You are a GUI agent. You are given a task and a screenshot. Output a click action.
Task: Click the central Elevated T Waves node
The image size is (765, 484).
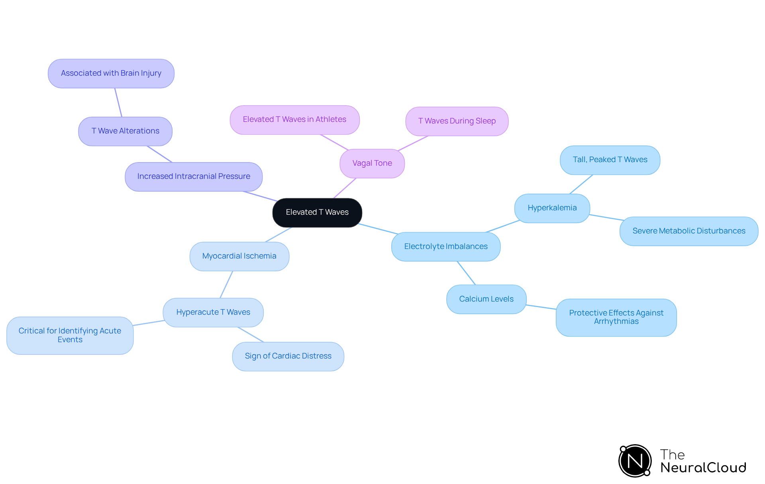[x=317, y=212]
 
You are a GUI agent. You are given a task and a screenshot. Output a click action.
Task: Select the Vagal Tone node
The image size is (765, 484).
[x=372, y=163]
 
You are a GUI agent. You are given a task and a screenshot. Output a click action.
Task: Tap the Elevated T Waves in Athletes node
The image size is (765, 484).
[x=294, y=120]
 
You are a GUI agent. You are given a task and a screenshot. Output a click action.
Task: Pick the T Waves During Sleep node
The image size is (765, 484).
[x=457, y=121]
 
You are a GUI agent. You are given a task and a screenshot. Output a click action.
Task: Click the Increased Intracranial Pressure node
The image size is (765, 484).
[x=194, y=176]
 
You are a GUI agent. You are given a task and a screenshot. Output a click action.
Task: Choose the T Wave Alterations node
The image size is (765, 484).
[x=125, y=131]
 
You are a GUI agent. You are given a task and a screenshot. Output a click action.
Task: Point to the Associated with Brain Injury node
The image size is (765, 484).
[x=111, y=73]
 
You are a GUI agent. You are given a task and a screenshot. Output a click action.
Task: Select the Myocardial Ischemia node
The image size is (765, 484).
[x=239, y=256]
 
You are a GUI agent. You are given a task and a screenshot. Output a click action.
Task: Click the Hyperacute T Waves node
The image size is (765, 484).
[x=213, y=312]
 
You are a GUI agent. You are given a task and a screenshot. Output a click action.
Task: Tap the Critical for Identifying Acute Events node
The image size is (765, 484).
[x=70, y=335]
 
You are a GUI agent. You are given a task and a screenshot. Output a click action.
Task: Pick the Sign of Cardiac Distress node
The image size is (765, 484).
[x=288, y=356]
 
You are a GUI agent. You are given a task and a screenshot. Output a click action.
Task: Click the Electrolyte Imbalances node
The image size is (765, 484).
[x=445, y=247]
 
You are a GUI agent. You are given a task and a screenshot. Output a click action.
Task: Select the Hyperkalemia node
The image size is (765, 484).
[x=552, y=208]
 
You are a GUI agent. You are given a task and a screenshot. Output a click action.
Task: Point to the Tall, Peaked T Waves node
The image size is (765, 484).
[x=610, y=160]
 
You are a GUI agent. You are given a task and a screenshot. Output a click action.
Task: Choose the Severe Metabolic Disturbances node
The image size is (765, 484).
[x=688, y=231]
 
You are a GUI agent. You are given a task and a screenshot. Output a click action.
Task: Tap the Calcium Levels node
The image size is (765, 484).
[x=486, y=299]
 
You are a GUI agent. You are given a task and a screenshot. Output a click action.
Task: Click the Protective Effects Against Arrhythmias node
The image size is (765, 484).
[x=616, y=317]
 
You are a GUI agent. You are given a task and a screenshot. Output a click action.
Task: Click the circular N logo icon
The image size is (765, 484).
[x=635, y=461]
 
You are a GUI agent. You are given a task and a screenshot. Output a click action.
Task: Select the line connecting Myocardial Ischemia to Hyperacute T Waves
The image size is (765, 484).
[x=226, y=284]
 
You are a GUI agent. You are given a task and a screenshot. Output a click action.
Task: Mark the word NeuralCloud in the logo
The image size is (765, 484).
[x=703, y=468]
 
